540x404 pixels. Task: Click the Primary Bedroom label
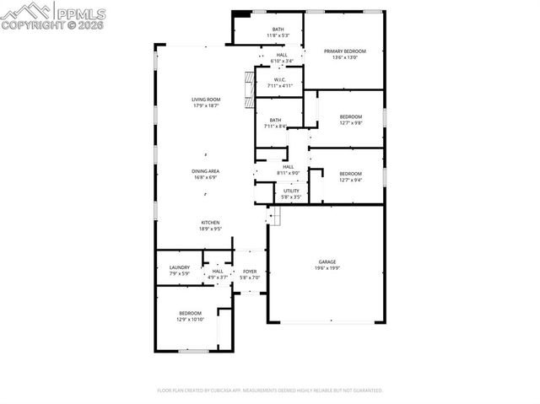coord(345,54)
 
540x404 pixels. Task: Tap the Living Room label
coord(206,103)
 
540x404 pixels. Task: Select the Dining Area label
coord(206,175)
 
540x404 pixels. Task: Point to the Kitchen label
coord(210,225)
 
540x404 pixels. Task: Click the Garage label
coord(327,265)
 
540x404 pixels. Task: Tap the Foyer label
coord(250,274)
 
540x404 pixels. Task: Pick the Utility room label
coord(291,194)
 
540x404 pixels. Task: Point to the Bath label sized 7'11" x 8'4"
coord(275,123)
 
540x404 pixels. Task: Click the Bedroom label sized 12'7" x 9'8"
coord(350,120)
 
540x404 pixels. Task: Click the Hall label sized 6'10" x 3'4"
coord(281,58)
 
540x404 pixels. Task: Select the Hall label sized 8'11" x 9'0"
coord(288,170)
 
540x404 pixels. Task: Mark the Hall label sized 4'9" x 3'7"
coord(218,274)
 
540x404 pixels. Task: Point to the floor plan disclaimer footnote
coord(270,391)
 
